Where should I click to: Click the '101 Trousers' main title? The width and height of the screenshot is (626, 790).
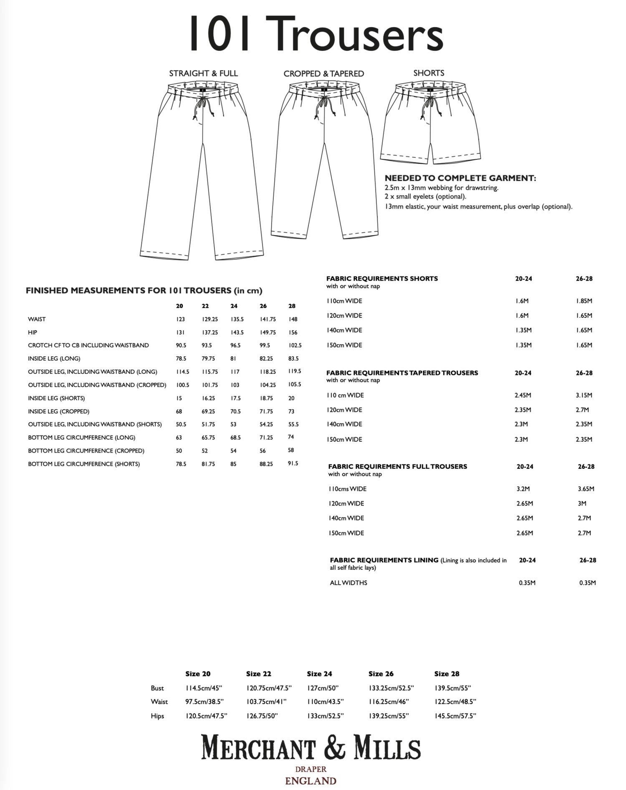click(x=316, y=34)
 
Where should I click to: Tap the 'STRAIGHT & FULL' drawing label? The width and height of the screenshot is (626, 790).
click(x=203, y=73)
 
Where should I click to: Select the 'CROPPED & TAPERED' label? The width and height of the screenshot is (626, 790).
click(x=323, y=74)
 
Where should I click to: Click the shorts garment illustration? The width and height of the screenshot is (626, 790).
click(x=430, y=125)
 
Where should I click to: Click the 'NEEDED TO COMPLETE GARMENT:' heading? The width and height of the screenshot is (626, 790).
click(x=460, y=178)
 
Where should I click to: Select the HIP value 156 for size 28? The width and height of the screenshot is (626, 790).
click(x=293, y=332)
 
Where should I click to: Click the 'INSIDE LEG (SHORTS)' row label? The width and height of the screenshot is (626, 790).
click(x=56, y=398)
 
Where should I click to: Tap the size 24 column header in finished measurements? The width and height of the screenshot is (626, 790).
click(x=234, y=306)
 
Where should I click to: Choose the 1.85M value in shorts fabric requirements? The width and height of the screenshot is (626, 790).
click(x=584, y=301)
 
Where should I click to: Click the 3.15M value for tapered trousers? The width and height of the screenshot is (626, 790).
click(x=583, y=395)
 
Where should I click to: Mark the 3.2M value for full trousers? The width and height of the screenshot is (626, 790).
click(x=523, y=488)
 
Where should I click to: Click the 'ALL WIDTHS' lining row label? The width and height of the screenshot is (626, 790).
click(x=348, y=583)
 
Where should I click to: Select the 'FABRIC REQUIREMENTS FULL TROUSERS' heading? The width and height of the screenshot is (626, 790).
click(x=397, y=466)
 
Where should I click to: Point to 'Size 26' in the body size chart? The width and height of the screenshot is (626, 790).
click(x=381, y=674)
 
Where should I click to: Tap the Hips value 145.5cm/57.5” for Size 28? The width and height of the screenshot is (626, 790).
click(x=455, y=716)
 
